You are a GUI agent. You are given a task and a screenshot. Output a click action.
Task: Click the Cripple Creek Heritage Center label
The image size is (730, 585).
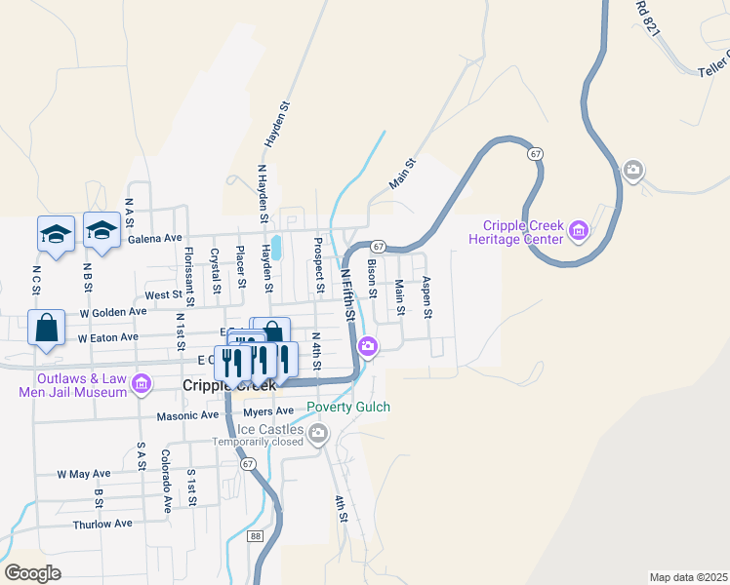pos(516,232)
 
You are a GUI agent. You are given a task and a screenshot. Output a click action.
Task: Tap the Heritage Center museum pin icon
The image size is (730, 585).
pos(580,231)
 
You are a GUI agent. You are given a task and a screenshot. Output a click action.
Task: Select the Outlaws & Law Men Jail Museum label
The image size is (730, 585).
pos(73,385)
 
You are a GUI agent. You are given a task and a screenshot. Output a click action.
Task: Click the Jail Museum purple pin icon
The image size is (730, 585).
pos(142,384)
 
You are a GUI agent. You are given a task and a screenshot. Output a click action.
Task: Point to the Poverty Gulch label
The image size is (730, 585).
pos(348,408)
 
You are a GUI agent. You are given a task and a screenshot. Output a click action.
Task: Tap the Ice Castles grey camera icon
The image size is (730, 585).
pos(319,433)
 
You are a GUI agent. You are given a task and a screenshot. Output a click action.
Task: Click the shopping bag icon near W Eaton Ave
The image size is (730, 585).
pos(47,329)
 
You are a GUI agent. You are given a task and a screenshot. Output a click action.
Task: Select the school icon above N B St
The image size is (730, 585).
pos(101,230)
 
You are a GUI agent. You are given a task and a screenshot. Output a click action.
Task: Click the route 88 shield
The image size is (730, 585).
pos(256,536)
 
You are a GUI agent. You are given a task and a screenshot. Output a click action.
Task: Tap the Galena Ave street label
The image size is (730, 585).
pos(154,238)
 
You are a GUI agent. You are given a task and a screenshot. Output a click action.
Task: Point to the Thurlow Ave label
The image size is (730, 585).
pos(102,524)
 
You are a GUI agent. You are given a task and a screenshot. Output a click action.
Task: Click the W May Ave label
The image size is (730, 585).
pos(84,474)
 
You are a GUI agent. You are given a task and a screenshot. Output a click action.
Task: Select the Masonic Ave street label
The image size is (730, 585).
pos(188,415)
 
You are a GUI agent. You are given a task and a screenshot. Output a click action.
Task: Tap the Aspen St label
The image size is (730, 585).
pos(426,297)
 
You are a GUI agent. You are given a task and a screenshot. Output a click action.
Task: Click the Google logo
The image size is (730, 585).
pos(33,573)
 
